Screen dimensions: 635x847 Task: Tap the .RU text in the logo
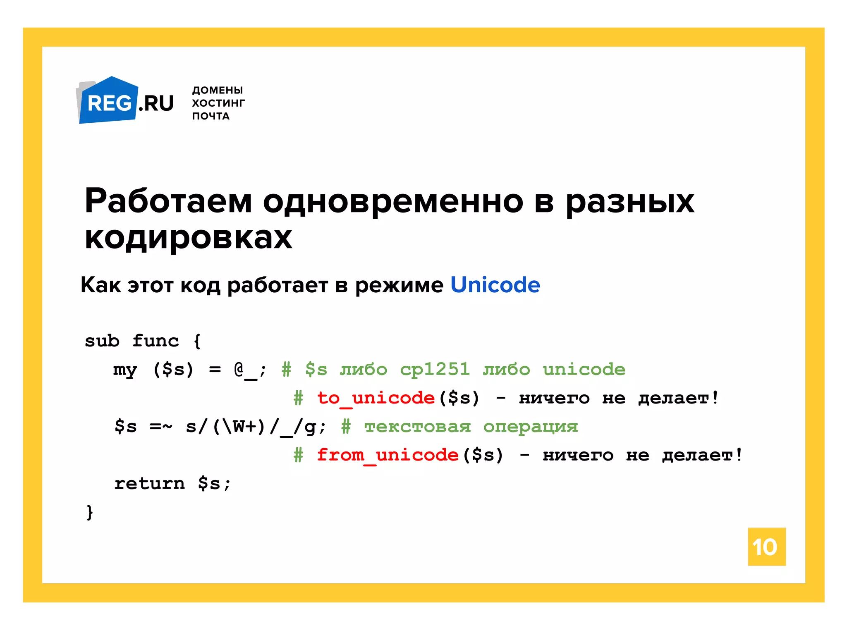coord(156,103)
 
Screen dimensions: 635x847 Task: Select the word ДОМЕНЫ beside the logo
coord(218,90)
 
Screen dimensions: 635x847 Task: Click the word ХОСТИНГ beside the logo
coord(218,103)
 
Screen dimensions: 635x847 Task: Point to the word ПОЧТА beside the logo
coord(211,116)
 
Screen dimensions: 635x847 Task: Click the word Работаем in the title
coord(168,201)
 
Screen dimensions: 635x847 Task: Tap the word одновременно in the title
coord(393,201)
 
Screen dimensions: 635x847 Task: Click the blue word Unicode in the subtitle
coord(495,285)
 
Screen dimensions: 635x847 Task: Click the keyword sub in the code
coord(102,341)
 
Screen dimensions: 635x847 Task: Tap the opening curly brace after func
coord(197,341)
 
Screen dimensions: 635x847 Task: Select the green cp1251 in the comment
coord(435,369)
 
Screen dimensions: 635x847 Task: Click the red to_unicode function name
coord(376,398)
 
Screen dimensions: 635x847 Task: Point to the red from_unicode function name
coord(388,455)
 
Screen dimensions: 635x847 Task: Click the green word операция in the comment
coord(531,427)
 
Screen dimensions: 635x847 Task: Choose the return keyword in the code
coord(149,483)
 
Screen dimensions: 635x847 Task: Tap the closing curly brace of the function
coord(90,512)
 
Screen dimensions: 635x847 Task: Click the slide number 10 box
coord(766,547)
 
